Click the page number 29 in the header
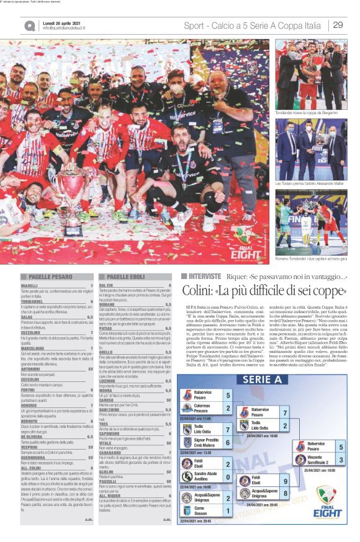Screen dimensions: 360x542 pos(338,25)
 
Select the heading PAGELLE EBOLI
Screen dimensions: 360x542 pos(125,277)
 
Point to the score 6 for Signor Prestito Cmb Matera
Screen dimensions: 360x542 pos(228,443)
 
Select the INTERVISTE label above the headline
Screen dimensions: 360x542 pos(204,276)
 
